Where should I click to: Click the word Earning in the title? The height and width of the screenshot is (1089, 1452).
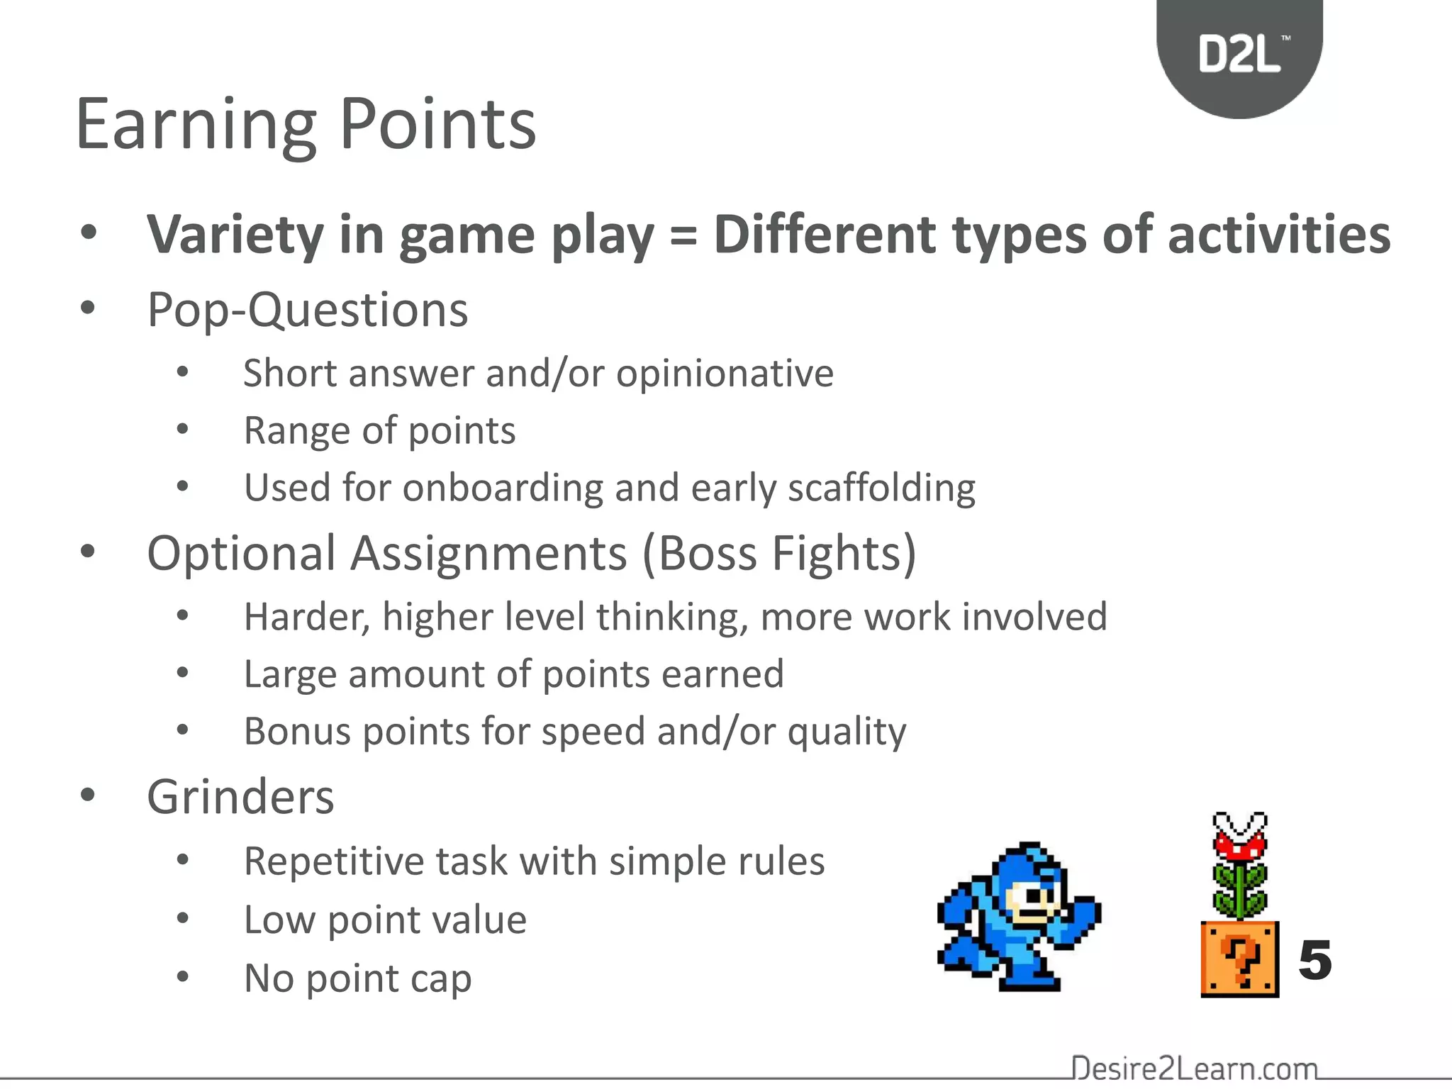click(x=195, y=125)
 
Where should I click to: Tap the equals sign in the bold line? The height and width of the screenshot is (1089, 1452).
click(x=683, y=236)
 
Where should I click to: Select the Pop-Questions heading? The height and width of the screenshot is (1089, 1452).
click(x=307, y=311)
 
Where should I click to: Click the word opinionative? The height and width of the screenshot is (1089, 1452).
click(x=725, y=374)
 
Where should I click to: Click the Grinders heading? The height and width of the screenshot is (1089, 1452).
click(x=240, y=798)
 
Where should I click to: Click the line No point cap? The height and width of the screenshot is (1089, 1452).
click(x=357, y=978)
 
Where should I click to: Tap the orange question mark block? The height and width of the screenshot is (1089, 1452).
click(x=1239, y=959)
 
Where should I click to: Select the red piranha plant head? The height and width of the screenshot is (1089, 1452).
click(x=1239, y=840)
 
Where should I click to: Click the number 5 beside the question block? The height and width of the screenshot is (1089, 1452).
click(x=1314, y=961)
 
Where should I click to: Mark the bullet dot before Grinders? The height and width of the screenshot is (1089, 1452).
click(x=88, y=795)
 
